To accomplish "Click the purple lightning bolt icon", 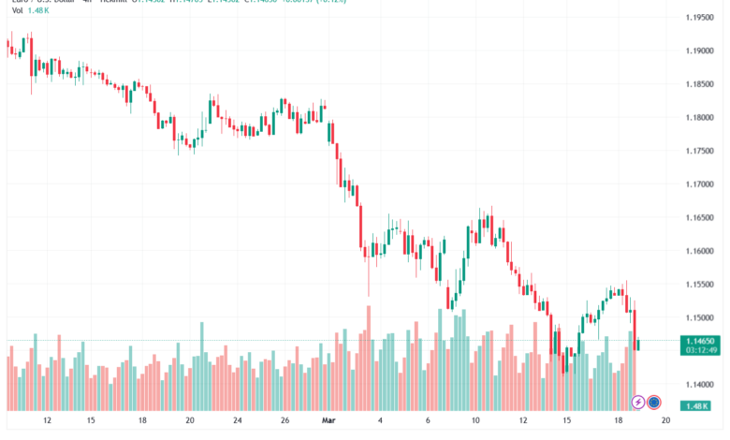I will pyautogui.click(x=638, y=403).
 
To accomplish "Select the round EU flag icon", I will pyautogui.click(x=655, y=403).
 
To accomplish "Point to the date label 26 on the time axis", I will pyautogui.click(x=285, y=421).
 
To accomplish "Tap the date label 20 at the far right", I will pyautogui.click(x=666, y=421).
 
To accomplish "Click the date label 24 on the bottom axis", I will pyautogui.click(x=237, y=421).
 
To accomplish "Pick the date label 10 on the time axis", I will pyautogui.click(x=475, y=421).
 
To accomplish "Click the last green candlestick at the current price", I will pyautogui.click(x=638, y=345).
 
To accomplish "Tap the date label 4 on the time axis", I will pyautogui.click(x=380, y=421).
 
